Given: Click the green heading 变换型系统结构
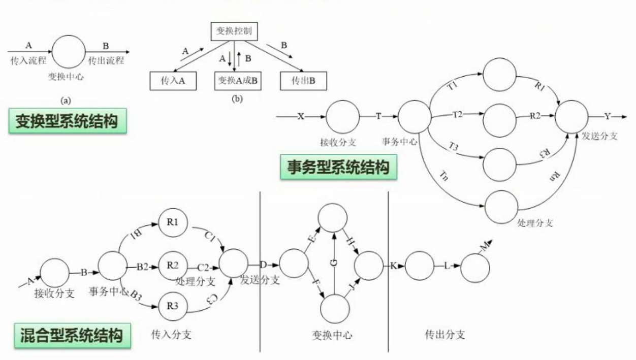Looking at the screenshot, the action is point(68,121).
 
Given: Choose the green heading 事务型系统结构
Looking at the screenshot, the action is point(338,167).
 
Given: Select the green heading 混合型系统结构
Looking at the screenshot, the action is point(73,336).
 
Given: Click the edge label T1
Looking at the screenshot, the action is point(452,85).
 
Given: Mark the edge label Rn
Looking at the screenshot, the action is point(555,177).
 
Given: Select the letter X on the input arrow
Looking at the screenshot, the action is point(301,116).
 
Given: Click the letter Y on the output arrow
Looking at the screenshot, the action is point(608,116).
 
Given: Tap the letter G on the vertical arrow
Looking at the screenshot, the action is point(334,263).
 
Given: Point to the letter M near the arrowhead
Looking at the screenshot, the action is point(485,246).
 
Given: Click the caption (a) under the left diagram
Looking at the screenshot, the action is point(66,101).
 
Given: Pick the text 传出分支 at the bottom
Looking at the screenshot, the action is point(445,335).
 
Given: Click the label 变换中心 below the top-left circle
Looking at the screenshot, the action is point(66,77).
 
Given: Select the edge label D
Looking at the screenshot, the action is point(264,265).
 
